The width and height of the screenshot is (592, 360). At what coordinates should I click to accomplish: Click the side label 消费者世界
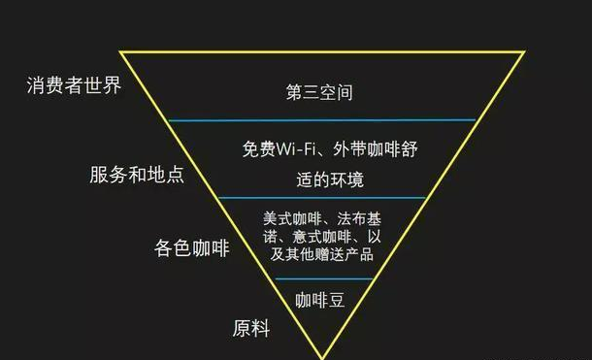(x=74, y=85)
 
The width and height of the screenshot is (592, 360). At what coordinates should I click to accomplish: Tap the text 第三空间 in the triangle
(x=319, y=92)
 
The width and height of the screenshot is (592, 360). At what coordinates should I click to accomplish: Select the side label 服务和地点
(x=137, y=175)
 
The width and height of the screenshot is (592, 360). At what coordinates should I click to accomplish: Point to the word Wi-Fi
(x=296, y=149)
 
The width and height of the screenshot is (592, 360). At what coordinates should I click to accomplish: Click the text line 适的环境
(x=330, y=180)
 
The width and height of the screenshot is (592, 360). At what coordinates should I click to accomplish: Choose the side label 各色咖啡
(x=192, y=248)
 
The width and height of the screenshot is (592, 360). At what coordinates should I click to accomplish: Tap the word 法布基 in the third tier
(x=359, y=218)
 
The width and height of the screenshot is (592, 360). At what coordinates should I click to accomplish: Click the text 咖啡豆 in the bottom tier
(x=320, y=300)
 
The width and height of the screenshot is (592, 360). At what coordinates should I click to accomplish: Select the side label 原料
(x=251, y=328)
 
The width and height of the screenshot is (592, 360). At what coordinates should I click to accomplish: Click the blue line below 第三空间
(x=321, y=120)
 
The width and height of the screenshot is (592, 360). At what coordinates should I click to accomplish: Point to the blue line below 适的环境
(x=321, y=197)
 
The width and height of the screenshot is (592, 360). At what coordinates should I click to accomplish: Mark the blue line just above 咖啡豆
(x=324, y=279)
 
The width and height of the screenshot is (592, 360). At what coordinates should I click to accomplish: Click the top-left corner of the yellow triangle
(x=120, y=51)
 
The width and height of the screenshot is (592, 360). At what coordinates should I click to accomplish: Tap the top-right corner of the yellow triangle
(x=524, y=51)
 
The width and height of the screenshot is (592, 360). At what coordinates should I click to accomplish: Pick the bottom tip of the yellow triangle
(x=322, y=358)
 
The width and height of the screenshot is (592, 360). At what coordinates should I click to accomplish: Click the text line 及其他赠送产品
(x=321, y=254)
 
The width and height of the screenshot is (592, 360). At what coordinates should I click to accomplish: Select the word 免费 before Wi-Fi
(x=259, y=149)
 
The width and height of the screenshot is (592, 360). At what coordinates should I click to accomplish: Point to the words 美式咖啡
(x=292, y=218)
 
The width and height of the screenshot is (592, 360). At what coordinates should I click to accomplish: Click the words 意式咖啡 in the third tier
(x=322, y=237)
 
